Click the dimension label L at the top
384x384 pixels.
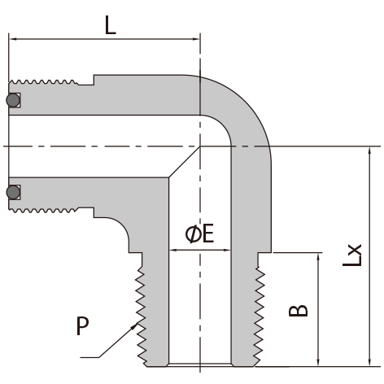(x=111, y=24)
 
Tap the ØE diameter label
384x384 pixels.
(x=199, y=233)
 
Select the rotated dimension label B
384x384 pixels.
(x=299, y=311)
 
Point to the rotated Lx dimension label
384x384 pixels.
(x=352, y=255)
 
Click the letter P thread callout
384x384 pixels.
(x=82, y=325)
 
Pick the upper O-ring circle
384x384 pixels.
(x=13, y=100)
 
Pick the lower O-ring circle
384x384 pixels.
(x=13, y=192)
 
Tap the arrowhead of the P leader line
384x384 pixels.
(x=134, y=326)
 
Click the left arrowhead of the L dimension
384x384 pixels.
(x=13, y=39)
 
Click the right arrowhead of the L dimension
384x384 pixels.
(x=196, y=39)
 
